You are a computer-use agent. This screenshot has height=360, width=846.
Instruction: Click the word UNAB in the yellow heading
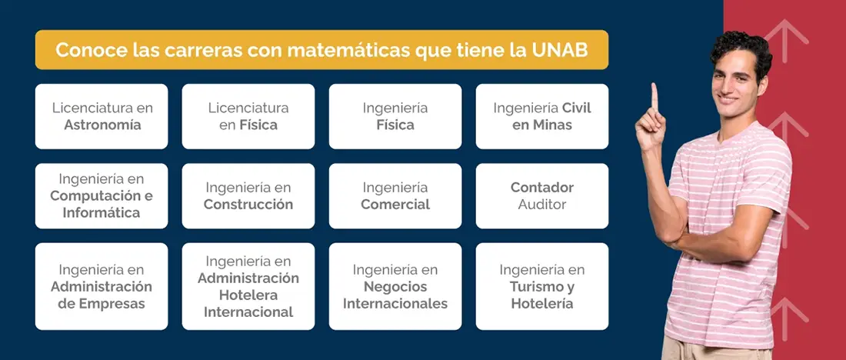point(559,51)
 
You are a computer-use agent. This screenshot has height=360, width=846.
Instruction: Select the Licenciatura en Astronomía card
point(102,116)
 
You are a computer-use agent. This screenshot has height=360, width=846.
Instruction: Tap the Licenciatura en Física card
point(248,116)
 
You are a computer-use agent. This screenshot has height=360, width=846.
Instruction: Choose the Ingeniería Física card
point(395,116)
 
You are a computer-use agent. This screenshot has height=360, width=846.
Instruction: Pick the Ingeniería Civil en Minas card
point(542,116)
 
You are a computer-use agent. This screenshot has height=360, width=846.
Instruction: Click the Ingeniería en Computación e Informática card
point(102,195)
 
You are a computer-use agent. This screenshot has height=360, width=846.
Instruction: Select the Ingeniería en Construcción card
point(248,195)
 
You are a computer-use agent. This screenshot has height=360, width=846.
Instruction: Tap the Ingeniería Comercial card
point(395,195)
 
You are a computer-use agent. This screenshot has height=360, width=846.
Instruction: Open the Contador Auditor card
point(542,195)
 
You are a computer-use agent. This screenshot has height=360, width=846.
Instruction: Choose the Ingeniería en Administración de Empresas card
point(102,286)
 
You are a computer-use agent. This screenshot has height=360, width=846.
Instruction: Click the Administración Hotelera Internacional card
point(248,286)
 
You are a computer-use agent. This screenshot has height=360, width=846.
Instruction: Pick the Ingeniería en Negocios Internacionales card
point(395,286)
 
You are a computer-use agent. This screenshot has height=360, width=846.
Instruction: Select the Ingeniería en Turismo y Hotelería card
point(542,286)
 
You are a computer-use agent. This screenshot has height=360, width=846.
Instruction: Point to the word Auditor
point(542,205)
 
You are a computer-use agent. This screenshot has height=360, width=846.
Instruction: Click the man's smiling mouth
point(728,98)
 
